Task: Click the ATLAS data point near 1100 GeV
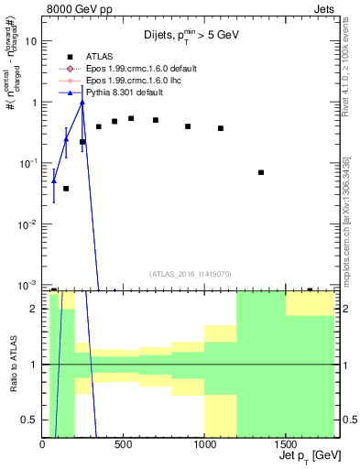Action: click(221, 128)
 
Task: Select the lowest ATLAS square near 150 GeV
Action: click(66, 189)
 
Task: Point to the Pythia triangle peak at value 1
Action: click(82, 103)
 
